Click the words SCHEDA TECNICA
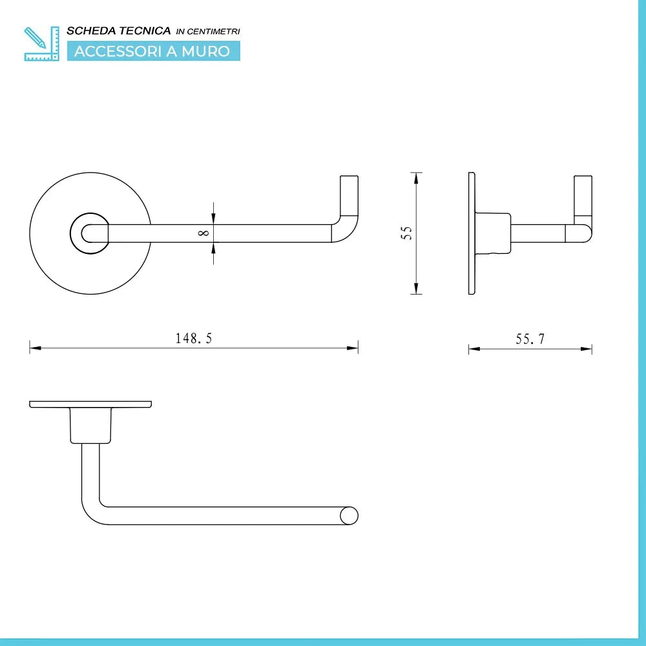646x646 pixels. pyautogui.click(x=119, y=30)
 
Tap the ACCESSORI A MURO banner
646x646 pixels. pyautogui.click(x=152, y=52)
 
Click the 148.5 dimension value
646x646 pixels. pyautogui.click(x=194, y=339)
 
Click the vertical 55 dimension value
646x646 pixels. pyautogui.click(x=406, y=233)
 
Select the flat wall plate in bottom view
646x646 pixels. pyautogui.click(x=90, y=404)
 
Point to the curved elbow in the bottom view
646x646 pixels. pyautogui.click(x=90, y=510)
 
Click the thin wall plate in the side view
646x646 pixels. pyautogui.click(x=472, y=233)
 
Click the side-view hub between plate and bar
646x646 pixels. pyautogui.click(x=494, y=233)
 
